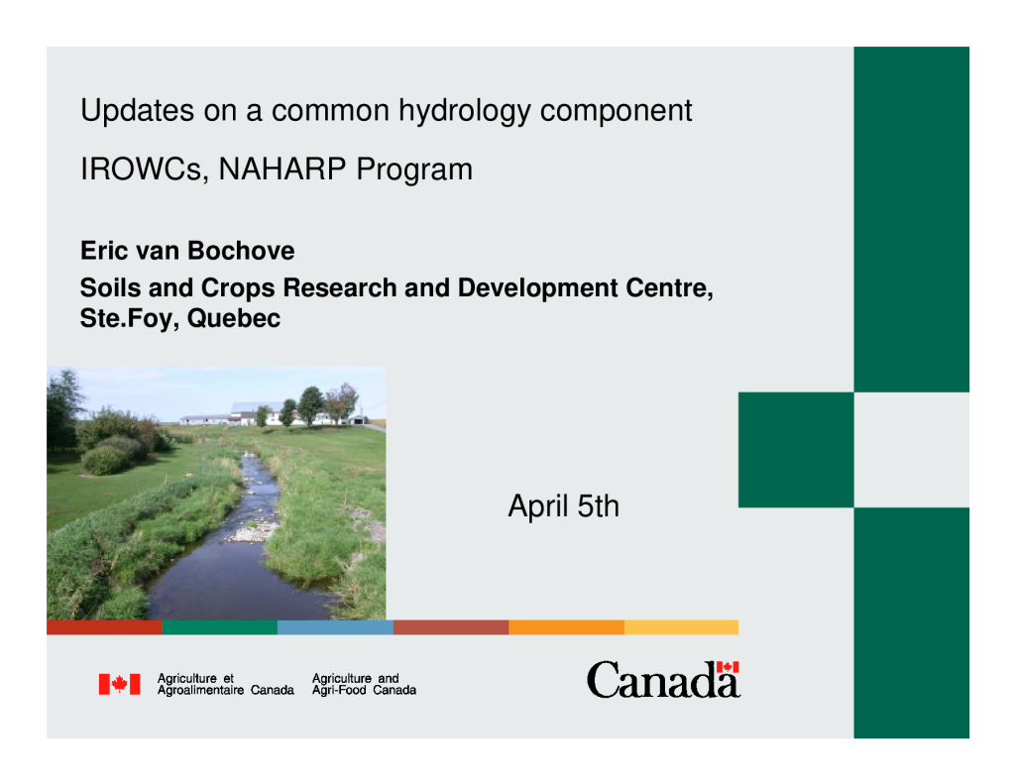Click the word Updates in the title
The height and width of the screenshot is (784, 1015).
[137, 110]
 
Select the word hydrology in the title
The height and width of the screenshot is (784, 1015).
[464, 112]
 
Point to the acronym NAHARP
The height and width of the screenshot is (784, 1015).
[282, 168]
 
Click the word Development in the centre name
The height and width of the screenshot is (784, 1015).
[537, 288]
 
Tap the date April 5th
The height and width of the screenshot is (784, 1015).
[563, 505]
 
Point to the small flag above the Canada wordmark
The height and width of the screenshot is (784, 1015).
[728, 667]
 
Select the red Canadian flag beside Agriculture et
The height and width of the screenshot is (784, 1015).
[119, 684]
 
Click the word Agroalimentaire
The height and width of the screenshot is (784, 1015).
[200, 691]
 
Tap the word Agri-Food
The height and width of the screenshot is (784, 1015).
[339, 691]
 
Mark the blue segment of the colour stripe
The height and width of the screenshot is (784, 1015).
[335, 627]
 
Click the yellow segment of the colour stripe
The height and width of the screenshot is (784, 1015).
[682, 627]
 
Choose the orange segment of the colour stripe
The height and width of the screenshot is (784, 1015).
[566, 627]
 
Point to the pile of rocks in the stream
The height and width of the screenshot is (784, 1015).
[253, 532]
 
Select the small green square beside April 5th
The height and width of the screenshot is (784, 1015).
[796, 450]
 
